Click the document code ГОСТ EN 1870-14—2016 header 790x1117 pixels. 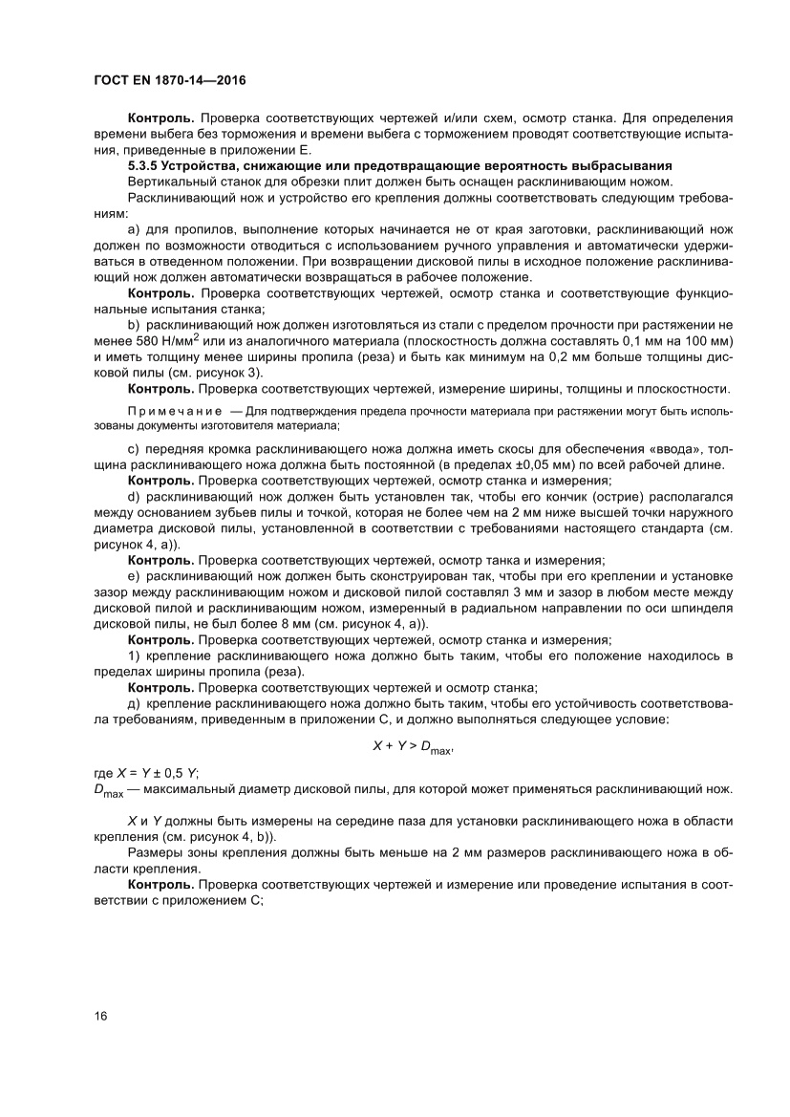(170, 81)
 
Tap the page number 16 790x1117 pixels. (100, 1015)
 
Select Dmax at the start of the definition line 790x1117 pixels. (108, 790)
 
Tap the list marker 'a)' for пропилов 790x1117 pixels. (134, 230)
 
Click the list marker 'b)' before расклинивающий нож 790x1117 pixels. (134, 326)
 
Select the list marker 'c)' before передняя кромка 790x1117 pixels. (134, 449)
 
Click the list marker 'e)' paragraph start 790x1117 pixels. (134, 576)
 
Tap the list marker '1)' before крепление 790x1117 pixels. (133, 655)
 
